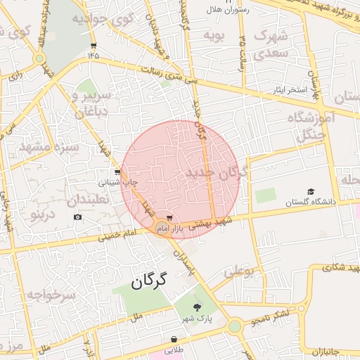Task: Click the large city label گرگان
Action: point(148,283)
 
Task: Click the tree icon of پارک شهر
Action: point(198,307)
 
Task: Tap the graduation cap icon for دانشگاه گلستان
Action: point(311,191)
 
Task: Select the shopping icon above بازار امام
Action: point(169,218)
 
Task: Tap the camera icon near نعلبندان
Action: point(77,217)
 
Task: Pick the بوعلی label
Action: point(240,271)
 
